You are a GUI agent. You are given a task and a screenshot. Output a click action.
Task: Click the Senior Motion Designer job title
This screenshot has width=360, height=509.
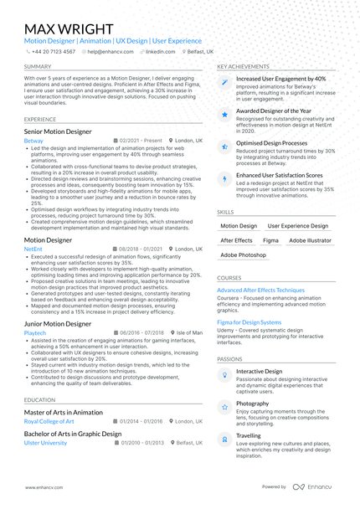tap(58, 131)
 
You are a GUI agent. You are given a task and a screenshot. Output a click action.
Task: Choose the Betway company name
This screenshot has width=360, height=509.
tap(33, 141)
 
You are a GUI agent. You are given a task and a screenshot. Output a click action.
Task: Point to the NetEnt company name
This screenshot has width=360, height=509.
tap(33, 249)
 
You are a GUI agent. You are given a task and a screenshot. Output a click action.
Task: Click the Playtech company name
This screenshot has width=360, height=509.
tap(35, 332)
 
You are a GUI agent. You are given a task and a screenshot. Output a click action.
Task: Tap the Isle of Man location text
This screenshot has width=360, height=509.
tap(189, 332)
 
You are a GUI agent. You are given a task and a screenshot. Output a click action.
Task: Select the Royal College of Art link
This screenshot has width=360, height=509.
tap(49, 421)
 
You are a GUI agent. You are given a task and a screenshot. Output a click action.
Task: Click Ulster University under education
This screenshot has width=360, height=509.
tap(45, 442)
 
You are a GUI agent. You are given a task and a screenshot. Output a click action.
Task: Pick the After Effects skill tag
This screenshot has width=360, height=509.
tap(236, 240)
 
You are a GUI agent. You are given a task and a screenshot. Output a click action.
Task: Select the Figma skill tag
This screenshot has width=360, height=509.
tap(270, 240)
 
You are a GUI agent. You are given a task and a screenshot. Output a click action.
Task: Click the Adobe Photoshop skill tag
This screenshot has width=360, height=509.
tap(243, 254)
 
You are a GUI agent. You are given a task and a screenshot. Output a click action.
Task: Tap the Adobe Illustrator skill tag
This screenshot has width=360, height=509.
tap(310, 240)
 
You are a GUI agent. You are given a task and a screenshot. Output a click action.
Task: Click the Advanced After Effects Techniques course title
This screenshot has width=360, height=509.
tap(260, 290)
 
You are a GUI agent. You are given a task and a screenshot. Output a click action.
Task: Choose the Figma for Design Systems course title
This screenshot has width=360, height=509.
tap(249, 321)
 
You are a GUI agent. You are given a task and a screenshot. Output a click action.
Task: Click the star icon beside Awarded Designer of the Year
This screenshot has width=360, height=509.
tap(224, 114)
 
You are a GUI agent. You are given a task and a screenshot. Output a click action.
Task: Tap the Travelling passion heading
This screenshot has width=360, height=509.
tap(248, 435)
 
